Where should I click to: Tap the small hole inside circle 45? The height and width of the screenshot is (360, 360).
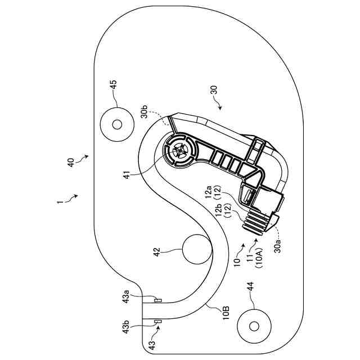(117, 124)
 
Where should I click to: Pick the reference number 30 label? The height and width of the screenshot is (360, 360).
(214, 91)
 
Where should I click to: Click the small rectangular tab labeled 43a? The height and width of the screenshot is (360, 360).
(158, 300)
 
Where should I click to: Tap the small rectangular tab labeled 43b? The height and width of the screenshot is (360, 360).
(158, 322)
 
